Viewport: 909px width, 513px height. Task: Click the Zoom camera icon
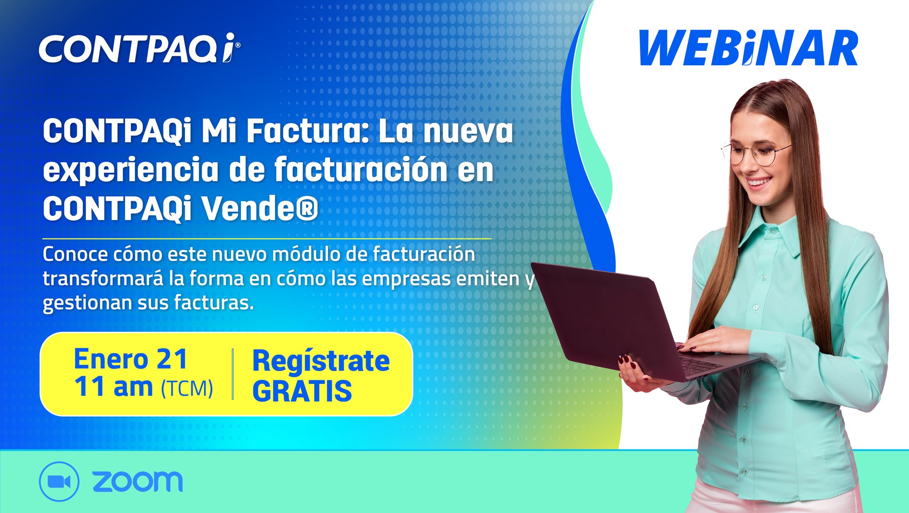(x=59, y=482)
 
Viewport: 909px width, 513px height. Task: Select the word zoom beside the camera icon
(x=137, y=481)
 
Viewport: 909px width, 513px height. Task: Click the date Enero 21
(x=130, y=359)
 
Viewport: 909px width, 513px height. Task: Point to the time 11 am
(x=114, y=387)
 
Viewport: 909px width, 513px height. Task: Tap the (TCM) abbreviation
(x=187, y=388)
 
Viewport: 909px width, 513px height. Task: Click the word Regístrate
(x=321, y=362)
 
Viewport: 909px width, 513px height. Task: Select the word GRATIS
(x=302, y=391)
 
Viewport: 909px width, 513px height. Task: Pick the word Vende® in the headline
(x=260, y=209)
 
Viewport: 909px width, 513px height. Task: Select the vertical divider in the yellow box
(x=233, y=374)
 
